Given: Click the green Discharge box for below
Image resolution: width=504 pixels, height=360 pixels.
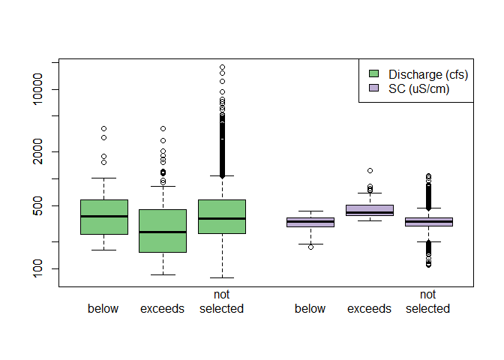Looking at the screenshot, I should [103, 217].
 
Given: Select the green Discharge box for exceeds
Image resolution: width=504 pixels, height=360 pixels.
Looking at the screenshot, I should [163, 230].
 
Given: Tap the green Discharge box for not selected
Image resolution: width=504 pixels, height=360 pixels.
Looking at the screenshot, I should [222, 217].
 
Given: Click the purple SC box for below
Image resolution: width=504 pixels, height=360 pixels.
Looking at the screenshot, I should [310, 222].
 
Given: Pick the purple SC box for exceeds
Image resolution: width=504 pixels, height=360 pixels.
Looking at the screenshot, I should [369, 210].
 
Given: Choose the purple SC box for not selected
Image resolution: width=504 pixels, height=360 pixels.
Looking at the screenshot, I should [428, 221].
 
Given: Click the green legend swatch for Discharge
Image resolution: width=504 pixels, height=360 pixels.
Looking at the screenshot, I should [374, 73].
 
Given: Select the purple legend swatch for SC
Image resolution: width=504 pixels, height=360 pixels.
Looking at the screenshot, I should [374, 88].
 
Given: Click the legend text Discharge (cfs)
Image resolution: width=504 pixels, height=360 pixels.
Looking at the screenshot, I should [428, 74].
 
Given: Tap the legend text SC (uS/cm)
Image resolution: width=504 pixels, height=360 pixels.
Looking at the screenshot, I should [419, 88].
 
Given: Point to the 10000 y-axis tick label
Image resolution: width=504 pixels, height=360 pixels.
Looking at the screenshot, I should [42, 90].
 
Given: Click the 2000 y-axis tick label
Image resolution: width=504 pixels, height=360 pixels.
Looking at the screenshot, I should [42, 151].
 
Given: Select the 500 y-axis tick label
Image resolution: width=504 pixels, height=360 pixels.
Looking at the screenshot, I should [42, 205].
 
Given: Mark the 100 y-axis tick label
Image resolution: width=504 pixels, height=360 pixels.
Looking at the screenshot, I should [42, 268].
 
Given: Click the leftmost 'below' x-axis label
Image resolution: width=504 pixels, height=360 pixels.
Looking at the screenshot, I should [103, 309].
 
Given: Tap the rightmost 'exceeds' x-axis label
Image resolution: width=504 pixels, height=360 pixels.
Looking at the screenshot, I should [369, 309].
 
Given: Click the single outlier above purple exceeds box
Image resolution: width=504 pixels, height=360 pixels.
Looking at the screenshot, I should [370, 171].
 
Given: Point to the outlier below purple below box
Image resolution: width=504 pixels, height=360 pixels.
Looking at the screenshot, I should [310, 247].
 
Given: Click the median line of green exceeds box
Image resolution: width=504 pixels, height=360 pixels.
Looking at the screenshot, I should [163, 232].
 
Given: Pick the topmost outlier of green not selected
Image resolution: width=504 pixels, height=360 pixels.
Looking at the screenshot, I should [222, 67].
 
